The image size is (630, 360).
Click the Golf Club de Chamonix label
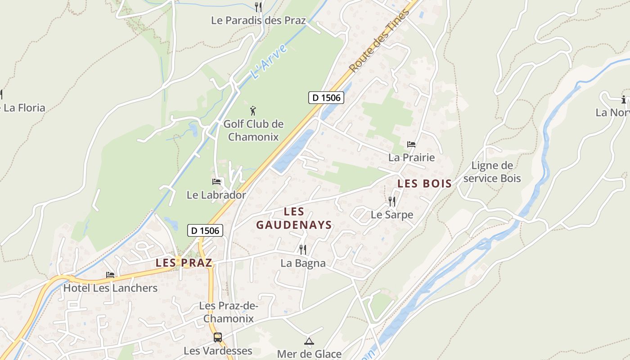(x=253, y=130)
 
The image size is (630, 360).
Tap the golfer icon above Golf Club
(x=253, y=110)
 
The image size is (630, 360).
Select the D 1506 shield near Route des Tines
(x=326, y=97)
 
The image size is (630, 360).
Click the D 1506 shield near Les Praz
(x=205, y=230)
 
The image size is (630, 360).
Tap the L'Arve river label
(x=268, y=62)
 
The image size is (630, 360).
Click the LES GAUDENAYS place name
(x=294, y=218)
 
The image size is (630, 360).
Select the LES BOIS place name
(x=424, y=184)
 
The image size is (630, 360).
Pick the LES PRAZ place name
(x=184, y=263)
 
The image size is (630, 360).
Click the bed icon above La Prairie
(x=411, y=144)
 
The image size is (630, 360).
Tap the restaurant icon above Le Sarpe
(x=391, y=201)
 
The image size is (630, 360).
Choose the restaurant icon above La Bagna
(x=303, y=249)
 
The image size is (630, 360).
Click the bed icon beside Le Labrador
(x=216, y=182)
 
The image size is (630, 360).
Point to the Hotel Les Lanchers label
(x=110, y=288)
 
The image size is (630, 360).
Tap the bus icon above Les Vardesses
(x=218, y=337)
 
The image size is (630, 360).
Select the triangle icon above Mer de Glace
(x=309, y=341)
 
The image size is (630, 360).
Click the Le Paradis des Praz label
(x=258, y=20)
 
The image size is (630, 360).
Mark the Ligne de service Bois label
(x=492, y=172)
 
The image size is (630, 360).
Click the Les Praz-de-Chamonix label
(x=229, y=312)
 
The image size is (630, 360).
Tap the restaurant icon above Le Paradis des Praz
(x=258, y=7)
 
